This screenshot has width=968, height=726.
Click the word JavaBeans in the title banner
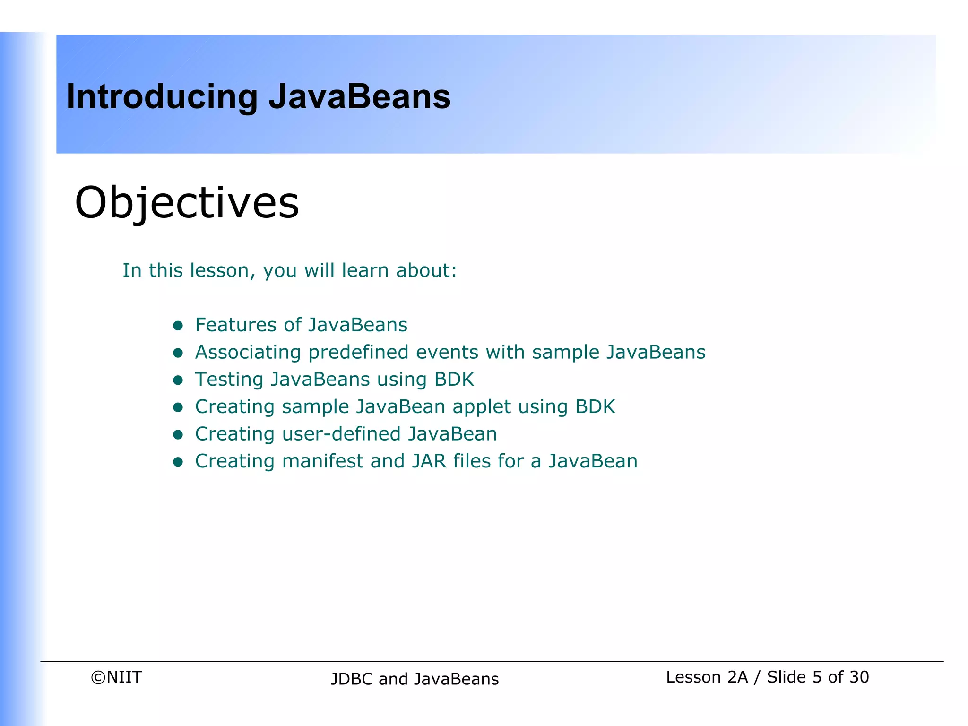(x=359, y=97)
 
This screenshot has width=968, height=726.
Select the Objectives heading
(x=187, y=203)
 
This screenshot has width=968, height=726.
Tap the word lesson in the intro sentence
(x=219, y=270)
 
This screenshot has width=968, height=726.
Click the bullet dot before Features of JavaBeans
(x=178, y=325)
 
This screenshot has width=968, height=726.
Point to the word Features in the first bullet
(x=236, y=325)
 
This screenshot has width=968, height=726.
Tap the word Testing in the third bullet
(x=229, y=380)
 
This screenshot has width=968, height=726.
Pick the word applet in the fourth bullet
(x=481, y=407)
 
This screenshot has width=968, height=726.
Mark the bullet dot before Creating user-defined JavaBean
(x=178, y=434)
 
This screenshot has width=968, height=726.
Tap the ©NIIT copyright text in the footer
(x=116, y=677)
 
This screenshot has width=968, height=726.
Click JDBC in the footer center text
(x=352, y=679)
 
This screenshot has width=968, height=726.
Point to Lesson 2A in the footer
(x=707, y=677)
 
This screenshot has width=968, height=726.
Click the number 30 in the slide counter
(x=858, y=677)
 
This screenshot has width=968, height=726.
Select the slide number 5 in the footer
(x=817, y=677)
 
